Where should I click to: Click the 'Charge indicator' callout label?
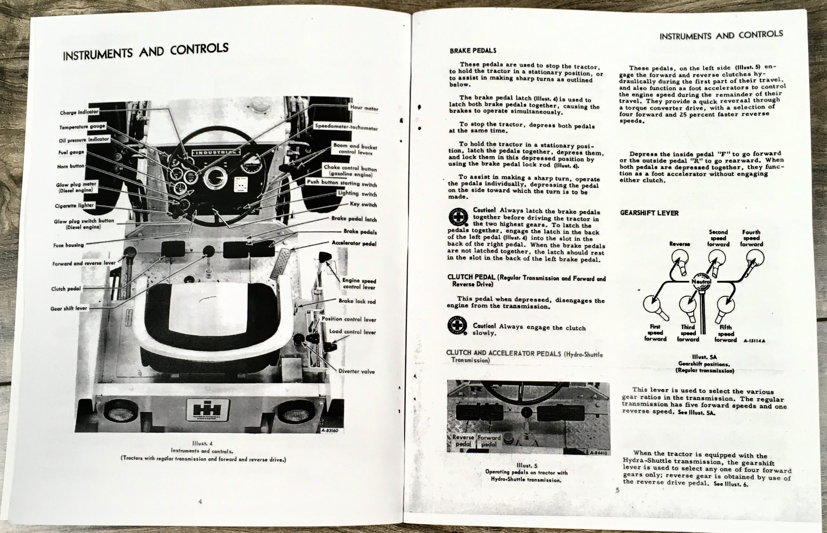(79, 112)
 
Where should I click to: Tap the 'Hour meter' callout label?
(364, 108)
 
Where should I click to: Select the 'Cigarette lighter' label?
(74, 205)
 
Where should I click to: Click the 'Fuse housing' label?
(68, 245)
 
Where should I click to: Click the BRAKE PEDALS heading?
(473, 50)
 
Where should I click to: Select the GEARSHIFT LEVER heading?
(649, 213)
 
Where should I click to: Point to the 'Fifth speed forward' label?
(726, 333)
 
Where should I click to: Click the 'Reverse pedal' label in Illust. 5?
(463, 441)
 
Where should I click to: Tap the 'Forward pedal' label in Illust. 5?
(489, 441)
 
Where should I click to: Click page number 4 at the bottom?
(200, 501)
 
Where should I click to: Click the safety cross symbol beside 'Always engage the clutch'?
(457, 325)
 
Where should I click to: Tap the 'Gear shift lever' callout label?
(69, 308)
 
